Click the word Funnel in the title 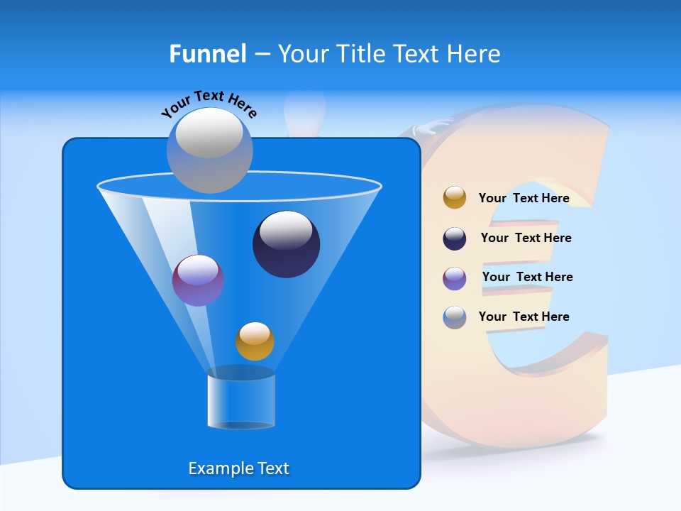[x=207, y=53]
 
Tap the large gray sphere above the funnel [x=209, y=150]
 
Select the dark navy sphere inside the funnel [x=286, y=245]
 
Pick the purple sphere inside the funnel [x=198, y=281]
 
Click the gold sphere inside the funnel [x=255, y=341]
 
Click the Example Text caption [x=238, y=468]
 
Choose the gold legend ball [x=455, y=198]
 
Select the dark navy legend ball [x=455, y=238]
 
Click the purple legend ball [x=455, y=278]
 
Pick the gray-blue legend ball [x=455, y=317]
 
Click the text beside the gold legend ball [x=524, y=198]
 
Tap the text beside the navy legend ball [x=526, y=238]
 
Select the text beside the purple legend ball [x=527, y=277]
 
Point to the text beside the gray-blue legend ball [x=524, y=317]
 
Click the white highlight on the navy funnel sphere [x=286, y=229]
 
